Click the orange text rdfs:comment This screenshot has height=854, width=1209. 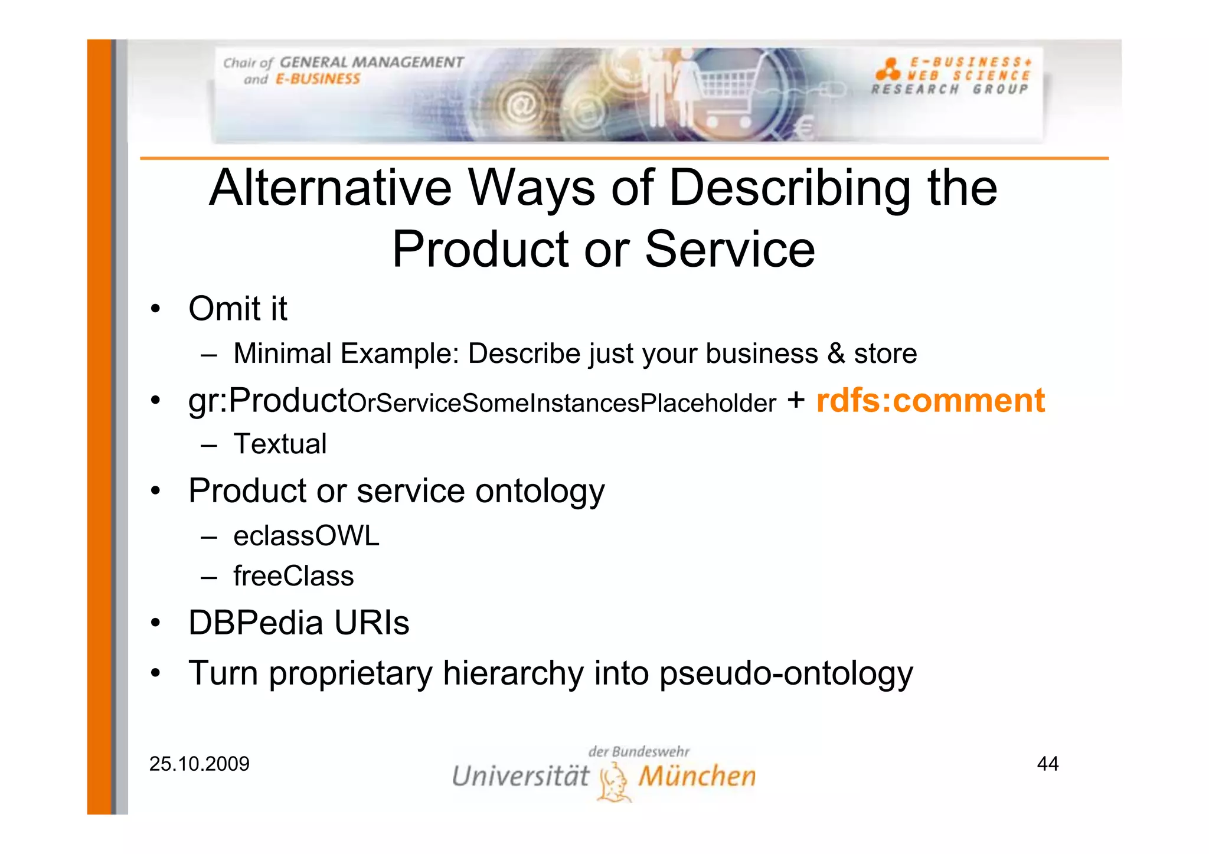[x=930, y=401]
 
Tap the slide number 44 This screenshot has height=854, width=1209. [x=1047, y=764]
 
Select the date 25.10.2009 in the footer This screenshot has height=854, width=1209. [x=200, y=764]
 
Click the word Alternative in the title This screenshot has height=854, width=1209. [x=331, y=188]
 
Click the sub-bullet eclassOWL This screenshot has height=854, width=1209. [x=306, y=536]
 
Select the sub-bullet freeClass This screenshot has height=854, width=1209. [x=293, y=576]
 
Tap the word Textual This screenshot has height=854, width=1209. [x=280, y=444]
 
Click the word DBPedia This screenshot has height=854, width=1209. [x=256, y=623]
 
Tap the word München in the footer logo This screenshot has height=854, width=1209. [x=697, y=776]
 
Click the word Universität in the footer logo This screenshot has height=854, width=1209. [x=520, y=776]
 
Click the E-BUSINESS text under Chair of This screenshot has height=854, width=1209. [x=318, y=79]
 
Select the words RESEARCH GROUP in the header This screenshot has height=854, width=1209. [x=949, y=90]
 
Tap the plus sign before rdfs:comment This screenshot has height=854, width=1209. [x=796, y=400]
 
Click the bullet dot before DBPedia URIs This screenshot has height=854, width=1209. [x=155, y=623]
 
